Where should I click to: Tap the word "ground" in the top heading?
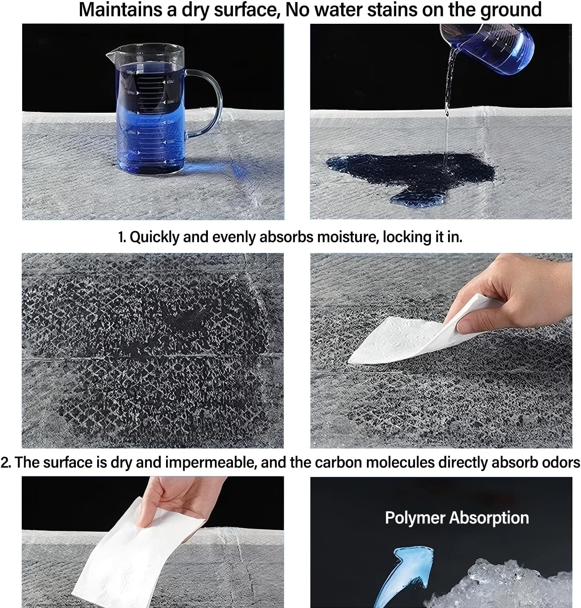click(510, 10)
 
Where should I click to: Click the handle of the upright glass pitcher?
click(204, 103)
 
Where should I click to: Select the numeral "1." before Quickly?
click(122, 237)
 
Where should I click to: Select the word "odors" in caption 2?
click(561, 463)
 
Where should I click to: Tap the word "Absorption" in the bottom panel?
click(489, 518)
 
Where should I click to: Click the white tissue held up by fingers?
click(137, 559)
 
